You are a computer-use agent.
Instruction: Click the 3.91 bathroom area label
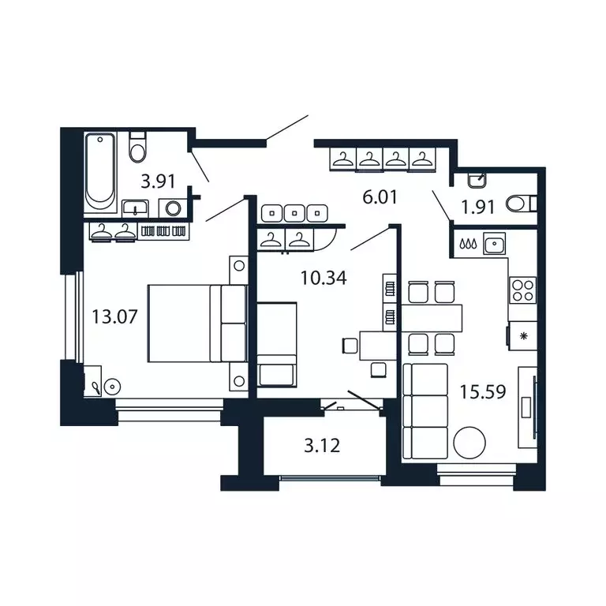[x=158, y=181]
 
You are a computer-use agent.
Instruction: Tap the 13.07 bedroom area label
[x=114, y=317]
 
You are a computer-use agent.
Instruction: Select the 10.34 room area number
[x=324, y=278]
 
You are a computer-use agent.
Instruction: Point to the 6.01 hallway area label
[x=380, y=197]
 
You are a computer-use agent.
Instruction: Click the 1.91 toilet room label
[x=478, y=208]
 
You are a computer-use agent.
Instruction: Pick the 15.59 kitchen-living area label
[x=483, y=392]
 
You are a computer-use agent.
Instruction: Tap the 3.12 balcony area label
[x=322, y=446]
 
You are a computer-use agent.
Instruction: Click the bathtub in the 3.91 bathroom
[x=100, y=172]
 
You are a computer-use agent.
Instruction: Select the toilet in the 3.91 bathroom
[x=137, y=148]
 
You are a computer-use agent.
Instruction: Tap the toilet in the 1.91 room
[x=522, y=204]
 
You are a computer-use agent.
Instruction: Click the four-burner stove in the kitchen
[x=522, y=290]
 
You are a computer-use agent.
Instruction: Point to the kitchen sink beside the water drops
[x=494, y=244]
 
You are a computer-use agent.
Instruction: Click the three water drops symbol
[x=468, y=244]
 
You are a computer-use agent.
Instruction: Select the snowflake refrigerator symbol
[x=523, y=336]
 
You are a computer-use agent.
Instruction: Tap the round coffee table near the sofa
[x=469, y=443]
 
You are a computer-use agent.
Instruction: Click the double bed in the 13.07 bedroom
[x=197, y=324]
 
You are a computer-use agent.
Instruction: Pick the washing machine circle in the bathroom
[x=173, y=208]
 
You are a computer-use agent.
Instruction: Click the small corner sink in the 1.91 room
[x=477, y=181]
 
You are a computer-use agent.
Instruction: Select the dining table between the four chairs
[x=432, y=318]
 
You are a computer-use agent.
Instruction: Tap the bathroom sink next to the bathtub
[x=135, y=209]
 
